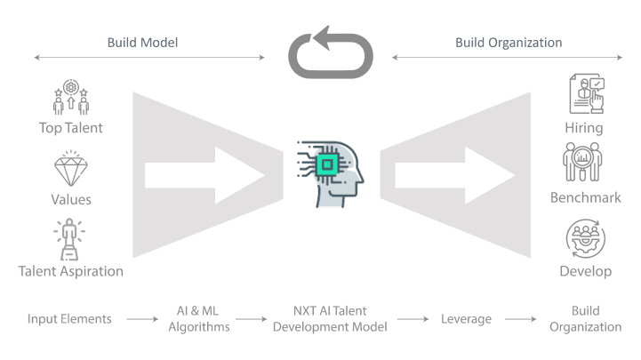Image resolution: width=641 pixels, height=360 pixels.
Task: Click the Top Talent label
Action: click(x=70, y=128)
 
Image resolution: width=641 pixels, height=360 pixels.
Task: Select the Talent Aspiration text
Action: click(x=70, y=271)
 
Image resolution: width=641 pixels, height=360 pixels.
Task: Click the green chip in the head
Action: click(x=327, y=162)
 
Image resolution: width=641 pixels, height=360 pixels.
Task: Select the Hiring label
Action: click(x=583, y=128)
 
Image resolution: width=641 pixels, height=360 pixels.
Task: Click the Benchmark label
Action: click(x=586, y=197)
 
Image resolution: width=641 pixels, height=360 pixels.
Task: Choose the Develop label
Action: click(x=585, y=271)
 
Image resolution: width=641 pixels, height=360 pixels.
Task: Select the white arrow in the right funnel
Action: click(x=449, y=170)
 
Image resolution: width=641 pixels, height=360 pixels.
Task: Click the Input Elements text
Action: click(x=69, y=318)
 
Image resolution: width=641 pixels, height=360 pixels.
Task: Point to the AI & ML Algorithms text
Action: click(x=199, y=318)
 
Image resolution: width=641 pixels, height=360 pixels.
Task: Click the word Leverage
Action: click(x=467, y=318)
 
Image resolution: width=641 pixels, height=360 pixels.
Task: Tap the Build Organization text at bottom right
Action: click(x=585, y=318)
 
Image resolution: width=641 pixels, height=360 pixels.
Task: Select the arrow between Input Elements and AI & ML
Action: click(x=141, y=318)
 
